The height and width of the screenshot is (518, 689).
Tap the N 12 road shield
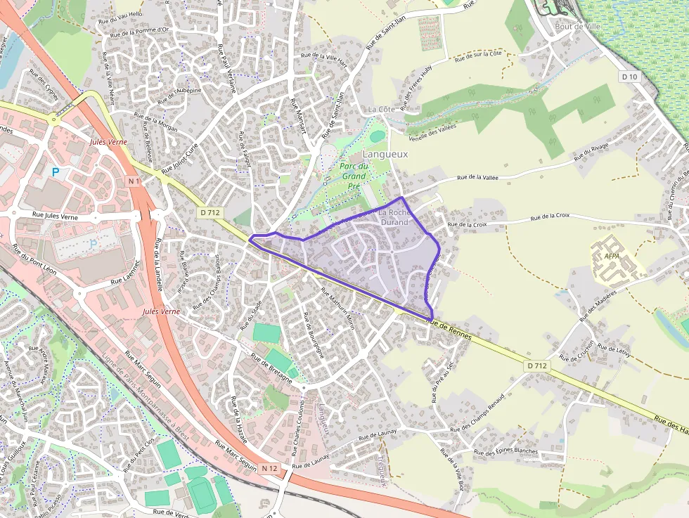point(269,468)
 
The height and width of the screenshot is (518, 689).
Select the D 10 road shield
point(629,77)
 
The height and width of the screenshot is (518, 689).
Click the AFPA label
point(612,257)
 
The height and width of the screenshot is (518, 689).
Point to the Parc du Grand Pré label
point(354,176)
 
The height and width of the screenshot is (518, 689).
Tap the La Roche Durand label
point(394,217)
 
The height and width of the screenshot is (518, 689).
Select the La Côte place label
point(382,110)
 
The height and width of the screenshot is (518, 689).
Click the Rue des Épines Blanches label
point(506,451)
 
